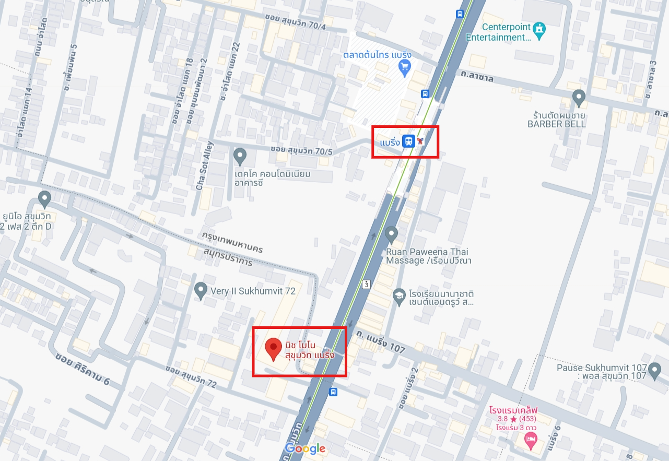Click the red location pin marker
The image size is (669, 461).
(272, 348)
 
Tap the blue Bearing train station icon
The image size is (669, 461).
(409, 141)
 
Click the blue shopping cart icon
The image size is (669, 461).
(405, 66)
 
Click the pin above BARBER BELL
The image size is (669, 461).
(578, 97)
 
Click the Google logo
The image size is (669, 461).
(306, 448)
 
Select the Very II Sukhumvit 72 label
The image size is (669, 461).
(253, 291)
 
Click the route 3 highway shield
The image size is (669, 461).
(367, 284)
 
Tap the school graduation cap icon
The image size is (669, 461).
(399, 295)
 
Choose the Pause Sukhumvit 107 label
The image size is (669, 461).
(602, 371)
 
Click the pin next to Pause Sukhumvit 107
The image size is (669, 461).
(654, 371)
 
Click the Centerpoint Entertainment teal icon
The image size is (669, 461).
(539, 30)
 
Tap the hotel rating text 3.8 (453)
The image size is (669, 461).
(520, 419)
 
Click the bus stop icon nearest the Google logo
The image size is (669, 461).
(333, 392)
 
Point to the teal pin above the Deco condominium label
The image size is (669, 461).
(240, 155)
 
